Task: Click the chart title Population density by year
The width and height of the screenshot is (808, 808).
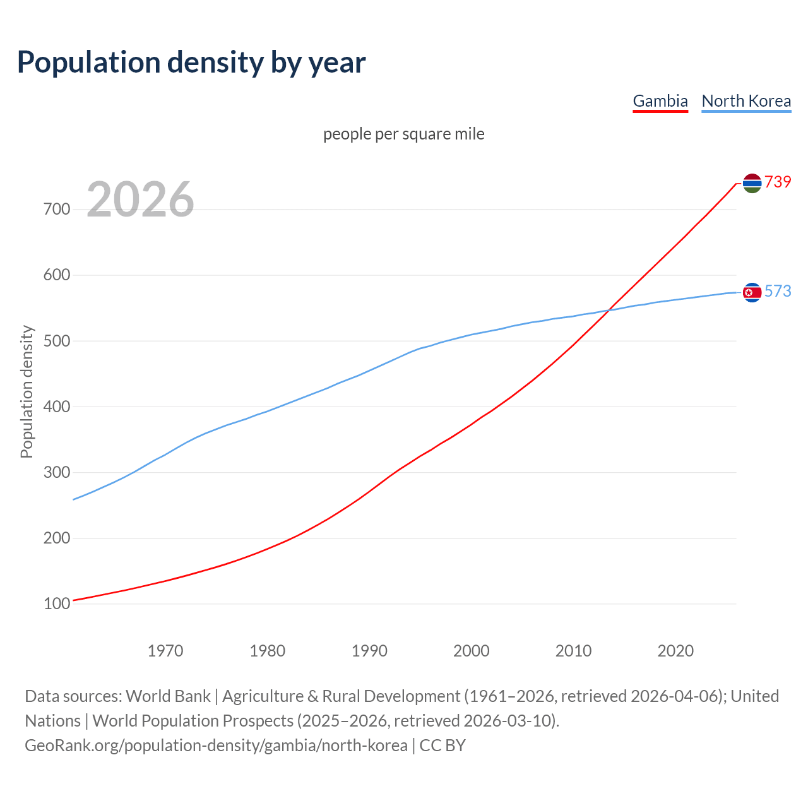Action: (x=191, y=62)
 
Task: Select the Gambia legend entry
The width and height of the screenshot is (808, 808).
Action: (x=660, y=101)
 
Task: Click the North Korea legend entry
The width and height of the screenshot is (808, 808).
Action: (x=746, y=101)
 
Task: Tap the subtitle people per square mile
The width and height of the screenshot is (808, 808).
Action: (x=404, y=134)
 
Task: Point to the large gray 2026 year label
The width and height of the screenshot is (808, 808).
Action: (x=140, y=199)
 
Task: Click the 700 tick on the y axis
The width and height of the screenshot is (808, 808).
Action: (x=57, y=209)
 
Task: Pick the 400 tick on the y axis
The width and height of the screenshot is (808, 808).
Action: (x=57, y=407)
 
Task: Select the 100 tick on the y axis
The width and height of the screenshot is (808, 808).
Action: (x=57, y=604)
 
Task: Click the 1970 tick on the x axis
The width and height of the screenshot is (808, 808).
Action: (x=165, y=651)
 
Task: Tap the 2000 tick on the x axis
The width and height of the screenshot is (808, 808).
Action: (x=472, y=651)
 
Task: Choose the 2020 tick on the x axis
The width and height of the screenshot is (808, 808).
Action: (x=675, y=651)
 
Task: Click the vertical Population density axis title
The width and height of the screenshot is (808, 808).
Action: (x=27, y=391)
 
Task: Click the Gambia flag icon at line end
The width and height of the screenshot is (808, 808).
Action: (x=752, y=183)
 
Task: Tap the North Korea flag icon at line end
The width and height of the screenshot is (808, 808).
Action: (x=752, y=292)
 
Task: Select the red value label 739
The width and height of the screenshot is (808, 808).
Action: (x=778, y=182)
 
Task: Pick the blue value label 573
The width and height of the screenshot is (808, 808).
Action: (x=778, y=291)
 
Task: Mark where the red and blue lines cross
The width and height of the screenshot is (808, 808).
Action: (x=607, y=310)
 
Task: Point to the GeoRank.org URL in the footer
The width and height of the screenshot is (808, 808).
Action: (x=216, y=746)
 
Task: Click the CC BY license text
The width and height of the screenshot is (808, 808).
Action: (x=443, y=746)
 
